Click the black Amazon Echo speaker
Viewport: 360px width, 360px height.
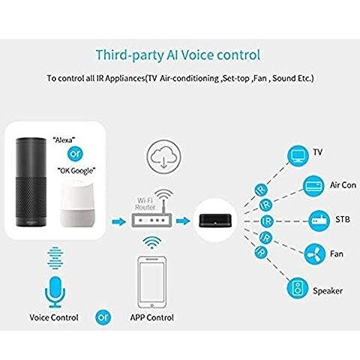pos(31,182)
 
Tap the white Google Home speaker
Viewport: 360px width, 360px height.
pos(77,205)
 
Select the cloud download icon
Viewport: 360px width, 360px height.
pos(163,156)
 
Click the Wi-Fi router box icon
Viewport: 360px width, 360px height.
pos(151,220)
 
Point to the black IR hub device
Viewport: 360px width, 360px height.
pos(215,220)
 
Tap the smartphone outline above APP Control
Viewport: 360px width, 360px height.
pos(152,283)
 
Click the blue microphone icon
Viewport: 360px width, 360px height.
pos(55,292)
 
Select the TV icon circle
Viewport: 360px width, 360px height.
pos(298,156)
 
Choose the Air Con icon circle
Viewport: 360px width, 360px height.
pos(313,186)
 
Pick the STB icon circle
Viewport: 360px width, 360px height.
pos(319,220)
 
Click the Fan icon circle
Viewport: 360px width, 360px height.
pos(315,254)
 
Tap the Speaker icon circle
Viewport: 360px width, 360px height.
pos(298,288)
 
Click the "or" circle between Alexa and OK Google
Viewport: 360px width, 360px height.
pos(75,154)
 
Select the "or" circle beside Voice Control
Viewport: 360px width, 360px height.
pos(103,317)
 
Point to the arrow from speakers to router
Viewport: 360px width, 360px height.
pos(118,221)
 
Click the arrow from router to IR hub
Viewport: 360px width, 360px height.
pos(183,220)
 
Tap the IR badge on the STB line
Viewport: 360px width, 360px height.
pos(267,221)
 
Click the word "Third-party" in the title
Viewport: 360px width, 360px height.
pos(130,55)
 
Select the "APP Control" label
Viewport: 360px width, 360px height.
pos(152,318)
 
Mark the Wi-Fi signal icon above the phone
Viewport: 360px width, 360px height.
pos(152,242)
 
